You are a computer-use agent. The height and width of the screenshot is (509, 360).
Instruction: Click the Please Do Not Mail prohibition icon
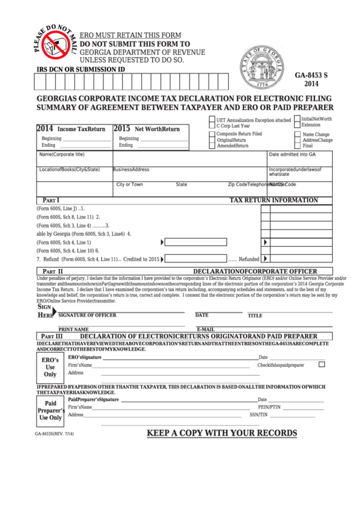point(52,47)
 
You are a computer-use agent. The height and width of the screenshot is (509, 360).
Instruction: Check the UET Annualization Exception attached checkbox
point(211,120)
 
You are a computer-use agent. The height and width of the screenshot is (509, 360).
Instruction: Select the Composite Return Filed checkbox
point(211,135)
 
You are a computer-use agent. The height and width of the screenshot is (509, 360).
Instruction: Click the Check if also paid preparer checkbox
point(322,364)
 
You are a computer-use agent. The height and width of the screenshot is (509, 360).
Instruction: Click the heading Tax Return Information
point(274,200)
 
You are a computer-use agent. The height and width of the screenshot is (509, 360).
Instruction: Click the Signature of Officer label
point(87,315)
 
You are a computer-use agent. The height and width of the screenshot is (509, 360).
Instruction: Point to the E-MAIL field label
point(206,329)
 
